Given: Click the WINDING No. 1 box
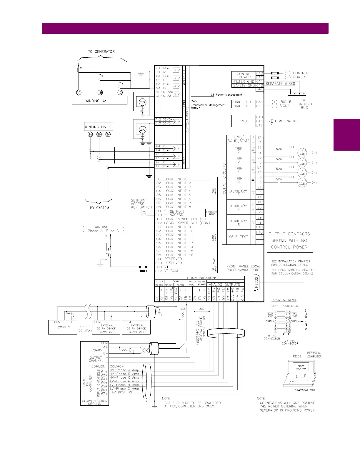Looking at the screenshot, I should click(99, 101).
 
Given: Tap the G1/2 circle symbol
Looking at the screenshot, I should click(142, 102).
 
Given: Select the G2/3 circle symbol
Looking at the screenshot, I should click(142, 130).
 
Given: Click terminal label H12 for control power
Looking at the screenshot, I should click(259, 73).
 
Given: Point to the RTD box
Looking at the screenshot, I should click(244, 121).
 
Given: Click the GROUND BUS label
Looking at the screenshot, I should click(304, 106).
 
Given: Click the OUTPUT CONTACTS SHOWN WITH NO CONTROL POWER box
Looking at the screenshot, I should click(290, 240).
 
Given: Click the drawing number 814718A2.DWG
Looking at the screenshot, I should click(304, 390).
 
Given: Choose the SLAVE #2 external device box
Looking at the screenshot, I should click(106, 327).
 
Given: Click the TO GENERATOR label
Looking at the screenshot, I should click(101, 51).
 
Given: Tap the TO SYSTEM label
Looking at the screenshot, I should click(99, 208).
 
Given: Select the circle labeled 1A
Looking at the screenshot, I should click(79, 93).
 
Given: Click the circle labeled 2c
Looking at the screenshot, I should click(108, 134).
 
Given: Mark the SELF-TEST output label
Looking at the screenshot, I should click(239, 237).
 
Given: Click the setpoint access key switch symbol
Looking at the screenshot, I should click(144, 213).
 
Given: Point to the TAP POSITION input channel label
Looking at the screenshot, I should click(121, 392).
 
